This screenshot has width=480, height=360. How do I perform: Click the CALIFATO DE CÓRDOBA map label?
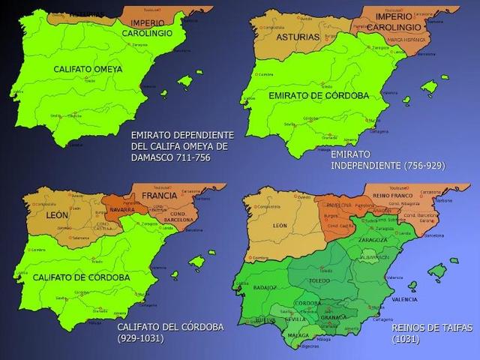coord(81,277)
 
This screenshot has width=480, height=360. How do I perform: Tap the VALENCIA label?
coord(403,299)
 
